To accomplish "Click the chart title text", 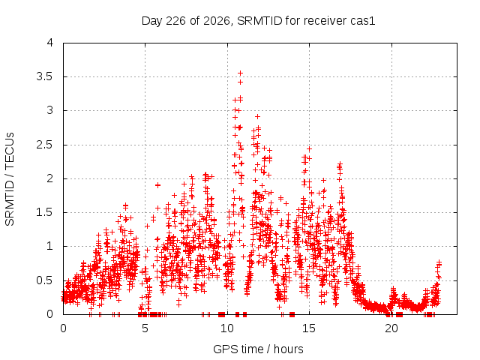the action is coord(258,21).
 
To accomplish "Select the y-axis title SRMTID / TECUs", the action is coord(10,179).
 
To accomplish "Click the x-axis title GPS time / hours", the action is coord(258,349).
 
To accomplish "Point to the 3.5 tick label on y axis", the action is coord(45,76).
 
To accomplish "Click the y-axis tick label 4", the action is coord(50,43).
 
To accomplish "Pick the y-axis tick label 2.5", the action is coord(45,145).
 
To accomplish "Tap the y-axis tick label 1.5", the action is coord(45,212).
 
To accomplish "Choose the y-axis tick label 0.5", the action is coord(45,280).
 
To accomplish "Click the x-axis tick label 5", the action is coord(145,328).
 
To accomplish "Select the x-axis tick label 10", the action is coord(227,328).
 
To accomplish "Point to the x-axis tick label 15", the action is coord(309,328).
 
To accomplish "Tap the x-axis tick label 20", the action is coord(391,328).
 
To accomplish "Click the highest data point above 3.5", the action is coord(240,73).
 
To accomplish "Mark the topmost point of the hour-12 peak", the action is coord(258,117).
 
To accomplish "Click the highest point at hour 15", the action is coord(309,149).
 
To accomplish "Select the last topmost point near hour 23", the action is coord(439,262).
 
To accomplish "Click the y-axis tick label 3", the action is coord(50,110).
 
